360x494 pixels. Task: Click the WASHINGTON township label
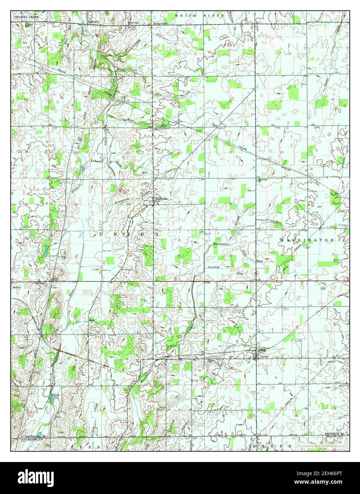[x=307, y=240]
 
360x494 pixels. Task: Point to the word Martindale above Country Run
[x=221, y=244]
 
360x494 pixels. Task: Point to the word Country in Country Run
[x=214, y=267]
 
